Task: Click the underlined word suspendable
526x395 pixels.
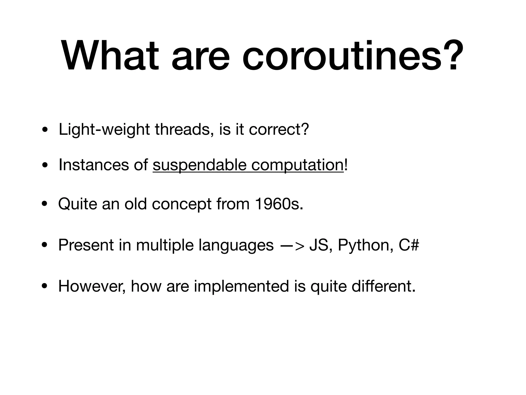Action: (x=199, y=165)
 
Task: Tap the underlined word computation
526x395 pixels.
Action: (x=297, y=165)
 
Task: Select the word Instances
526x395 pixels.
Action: (x=93, y=165)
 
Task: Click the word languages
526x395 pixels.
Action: (x=236, y=245)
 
